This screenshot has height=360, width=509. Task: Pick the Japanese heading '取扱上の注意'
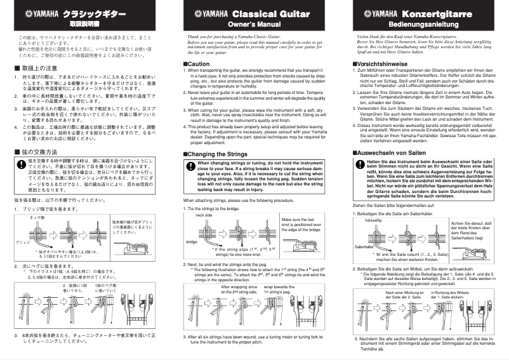pyautogui.click(x=41, y=67)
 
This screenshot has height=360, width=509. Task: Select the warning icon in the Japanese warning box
pyautogui.click(x=21, y=166)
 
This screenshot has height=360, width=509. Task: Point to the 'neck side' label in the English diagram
pyautogui.click(x=204, y=215)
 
